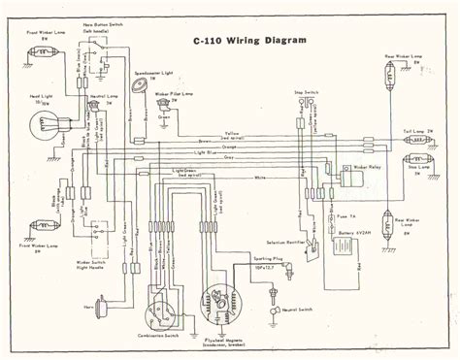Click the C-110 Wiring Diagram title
pos(249,41)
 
